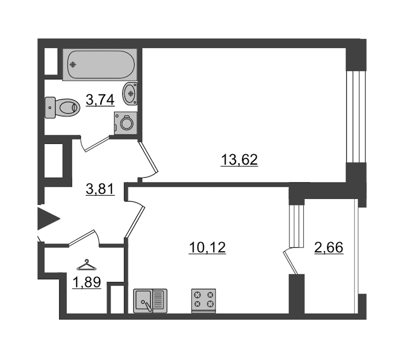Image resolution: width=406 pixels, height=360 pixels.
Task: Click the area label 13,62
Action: coord(239,160)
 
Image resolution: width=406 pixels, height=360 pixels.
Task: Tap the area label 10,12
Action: coord(208,247)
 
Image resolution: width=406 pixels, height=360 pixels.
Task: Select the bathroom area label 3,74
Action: coord(100,99)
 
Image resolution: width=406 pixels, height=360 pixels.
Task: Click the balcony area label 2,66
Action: coord(329,247)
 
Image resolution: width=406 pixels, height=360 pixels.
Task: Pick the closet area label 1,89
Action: coord(87,282)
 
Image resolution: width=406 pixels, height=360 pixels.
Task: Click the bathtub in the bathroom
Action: coord(100,64)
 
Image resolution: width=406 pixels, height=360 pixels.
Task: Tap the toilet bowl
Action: coord(63,107)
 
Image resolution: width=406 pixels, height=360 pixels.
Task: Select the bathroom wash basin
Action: coord(130,93)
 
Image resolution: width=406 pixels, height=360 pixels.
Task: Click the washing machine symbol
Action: coord(125,123)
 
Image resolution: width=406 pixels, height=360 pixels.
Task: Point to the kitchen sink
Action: coord(150,301)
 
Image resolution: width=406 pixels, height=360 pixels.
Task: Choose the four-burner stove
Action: coord(203,301)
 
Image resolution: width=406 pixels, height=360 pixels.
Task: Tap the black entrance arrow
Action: coord(49,219)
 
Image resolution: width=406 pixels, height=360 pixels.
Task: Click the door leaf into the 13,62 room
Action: coord(148,157)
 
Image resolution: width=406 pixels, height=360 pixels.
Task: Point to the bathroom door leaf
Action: coord(97,144)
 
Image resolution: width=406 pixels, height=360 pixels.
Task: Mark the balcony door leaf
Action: coord(291,263)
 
